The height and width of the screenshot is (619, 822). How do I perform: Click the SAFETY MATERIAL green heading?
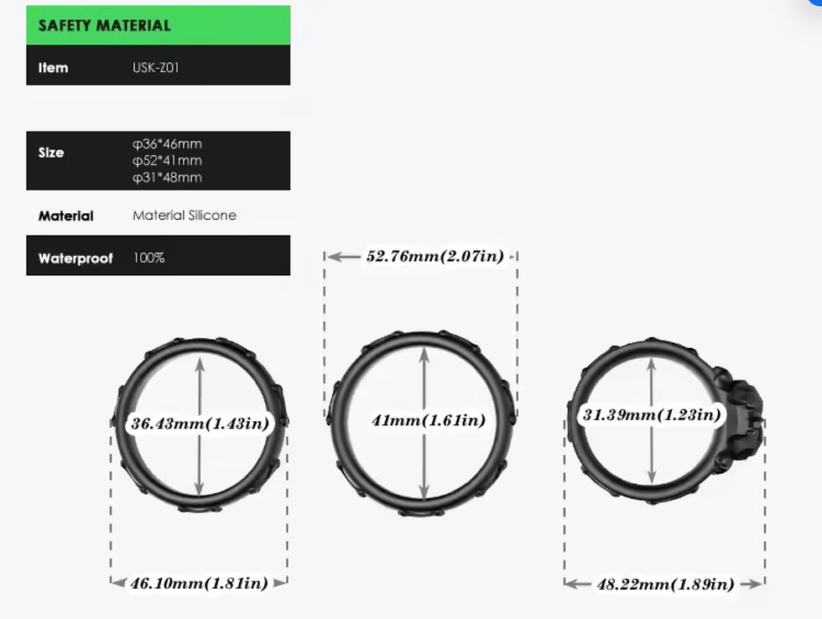[104, 25]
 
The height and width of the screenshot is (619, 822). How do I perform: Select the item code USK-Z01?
[156, 67]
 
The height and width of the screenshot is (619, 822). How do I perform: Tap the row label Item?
[53, 68]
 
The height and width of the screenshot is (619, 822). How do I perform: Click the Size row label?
[51, 153]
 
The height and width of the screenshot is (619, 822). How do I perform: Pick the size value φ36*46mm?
[167, 143]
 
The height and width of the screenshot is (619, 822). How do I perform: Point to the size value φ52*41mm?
[167, 160]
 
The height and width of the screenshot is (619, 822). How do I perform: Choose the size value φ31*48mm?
[167, 177]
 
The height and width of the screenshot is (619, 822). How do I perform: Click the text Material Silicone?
[185, 215]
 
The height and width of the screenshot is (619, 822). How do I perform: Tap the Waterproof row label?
[75, 257]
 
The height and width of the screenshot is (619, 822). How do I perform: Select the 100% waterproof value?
[149, 257]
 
